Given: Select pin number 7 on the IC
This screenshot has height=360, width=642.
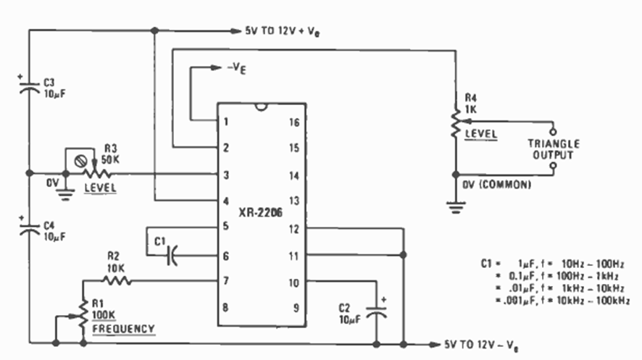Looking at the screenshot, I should coord(227,280).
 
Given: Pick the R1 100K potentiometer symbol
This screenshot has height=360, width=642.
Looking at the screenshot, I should coord(83,317).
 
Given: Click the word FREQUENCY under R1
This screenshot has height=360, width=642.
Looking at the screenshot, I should coord(124,329).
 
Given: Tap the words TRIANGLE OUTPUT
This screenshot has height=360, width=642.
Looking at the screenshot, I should coord(554,149).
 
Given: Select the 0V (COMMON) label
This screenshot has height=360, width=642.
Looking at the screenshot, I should coord(497,185).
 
